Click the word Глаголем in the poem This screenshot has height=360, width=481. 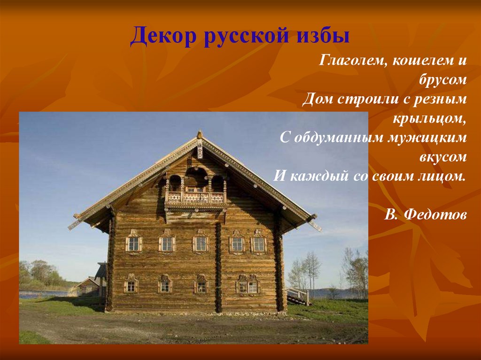tap(351, 60)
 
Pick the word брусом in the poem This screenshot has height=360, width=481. tap(442, 80)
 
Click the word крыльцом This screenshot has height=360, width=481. tap(429, 119)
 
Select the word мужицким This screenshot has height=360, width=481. tap(427, 138)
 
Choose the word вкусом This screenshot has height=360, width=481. tap(443, 157)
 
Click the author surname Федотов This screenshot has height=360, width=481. tap(435, 214)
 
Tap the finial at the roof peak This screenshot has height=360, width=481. tap(200, 134)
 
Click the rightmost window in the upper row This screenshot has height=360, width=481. tap(259, 242)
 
